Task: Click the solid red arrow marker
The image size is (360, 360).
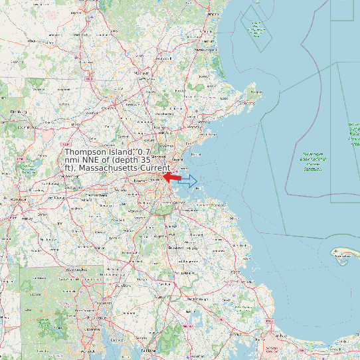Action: click(171, 178)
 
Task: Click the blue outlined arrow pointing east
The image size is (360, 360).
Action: click(189, 180)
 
